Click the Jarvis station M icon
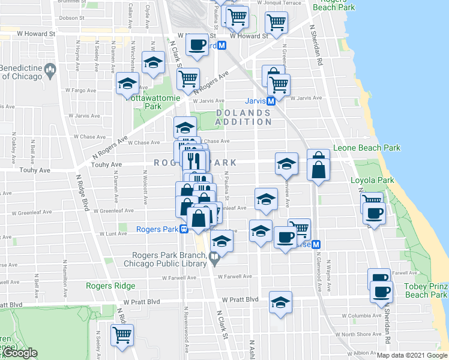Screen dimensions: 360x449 [271, 101]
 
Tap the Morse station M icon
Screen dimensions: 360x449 [316, 244]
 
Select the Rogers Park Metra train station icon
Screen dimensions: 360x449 [185, 229]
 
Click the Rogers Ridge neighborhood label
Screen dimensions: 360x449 [110, 286]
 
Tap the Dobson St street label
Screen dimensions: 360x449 [75, 18]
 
